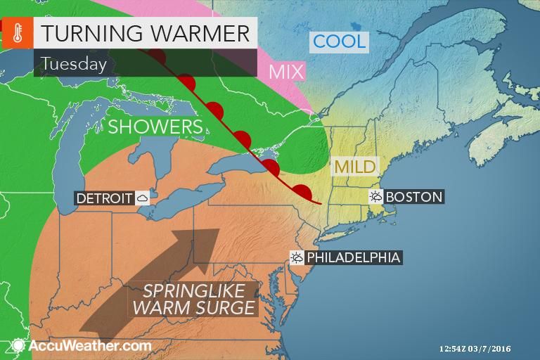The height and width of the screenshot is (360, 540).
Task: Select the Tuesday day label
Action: (73, 64)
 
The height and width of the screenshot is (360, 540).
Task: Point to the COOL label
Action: (340, 41)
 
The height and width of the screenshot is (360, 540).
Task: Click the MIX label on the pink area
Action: (286, 71)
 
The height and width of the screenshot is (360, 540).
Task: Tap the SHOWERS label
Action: (155, 127)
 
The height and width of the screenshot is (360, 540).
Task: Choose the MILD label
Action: (354, 167)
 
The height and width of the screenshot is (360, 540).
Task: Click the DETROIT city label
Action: (104, 198)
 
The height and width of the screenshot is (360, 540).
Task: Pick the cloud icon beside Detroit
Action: (143, 198)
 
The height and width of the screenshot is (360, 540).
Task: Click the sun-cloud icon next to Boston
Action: (375, 197)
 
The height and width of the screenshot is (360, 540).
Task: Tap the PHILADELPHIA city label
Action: (353, 257)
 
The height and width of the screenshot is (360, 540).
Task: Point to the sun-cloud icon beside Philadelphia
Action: (297, 257)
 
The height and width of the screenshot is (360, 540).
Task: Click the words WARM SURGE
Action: (193, 308)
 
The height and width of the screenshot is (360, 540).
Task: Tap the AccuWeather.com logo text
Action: (89, 345)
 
